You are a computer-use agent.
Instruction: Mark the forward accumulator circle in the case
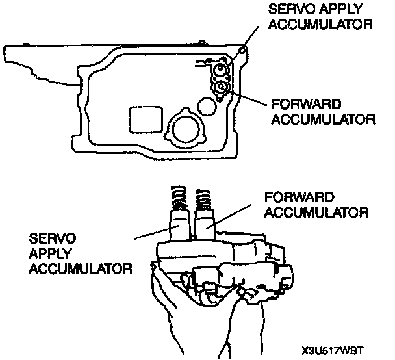(x=222, y=87)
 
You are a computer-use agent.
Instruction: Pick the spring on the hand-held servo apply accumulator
(x=178, y=195)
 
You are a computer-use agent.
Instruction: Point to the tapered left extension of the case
(x=39, y=65)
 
